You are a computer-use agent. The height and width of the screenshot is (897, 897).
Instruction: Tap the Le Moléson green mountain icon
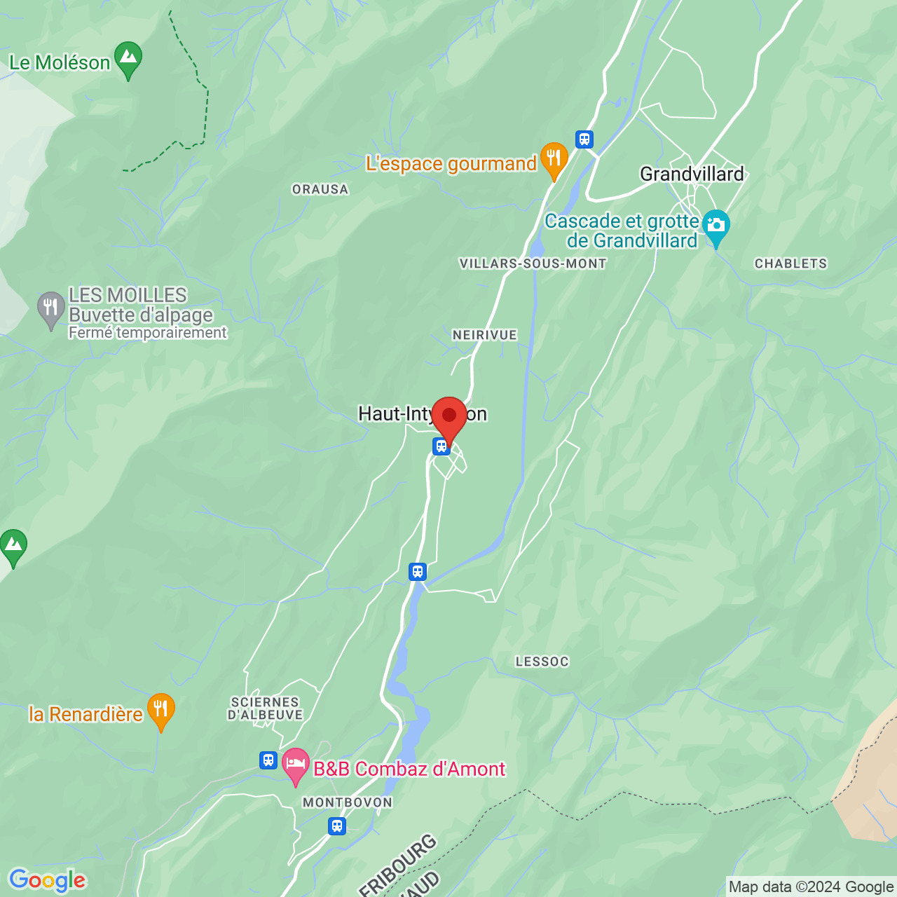(x=128, y=59)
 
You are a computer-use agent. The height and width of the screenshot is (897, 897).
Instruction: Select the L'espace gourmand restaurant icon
(x=554, y=159)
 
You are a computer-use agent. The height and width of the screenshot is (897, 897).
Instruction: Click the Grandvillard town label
(x=692, y=174)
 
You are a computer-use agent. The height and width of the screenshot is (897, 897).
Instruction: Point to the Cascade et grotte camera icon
(x=715, y=226)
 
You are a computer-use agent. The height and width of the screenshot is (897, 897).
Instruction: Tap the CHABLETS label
(x=790, y=263)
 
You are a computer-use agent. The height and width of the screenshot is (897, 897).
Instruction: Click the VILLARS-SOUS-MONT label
(x=533, y=263)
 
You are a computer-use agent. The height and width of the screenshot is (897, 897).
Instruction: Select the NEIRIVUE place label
(x=484, y=335)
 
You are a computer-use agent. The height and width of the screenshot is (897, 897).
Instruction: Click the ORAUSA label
(x=320, y=189)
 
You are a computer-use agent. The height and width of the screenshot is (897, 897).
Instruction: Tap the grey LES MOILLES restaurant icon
(x=50, y=308)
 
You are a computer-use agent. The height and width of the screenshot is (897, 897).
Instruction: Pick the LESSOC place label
(x=542, y=662)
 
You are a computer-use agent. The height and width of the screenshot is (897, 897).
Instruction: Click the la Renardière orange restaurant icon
(x=160, y=710)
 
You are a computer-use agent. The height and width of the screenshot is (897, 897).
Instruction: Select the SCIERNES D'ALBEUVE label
(x=265, y=708)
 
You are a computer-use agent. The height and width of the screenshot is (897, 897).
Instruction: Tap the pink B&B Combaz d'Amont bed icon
(x=296, y=765)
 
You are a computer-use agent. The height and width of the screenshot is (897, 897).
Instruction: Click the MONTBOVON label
(x=348, y=802)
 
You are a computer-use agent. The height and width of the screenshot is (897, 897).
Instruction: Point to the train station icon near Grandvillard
(x=584, y=139)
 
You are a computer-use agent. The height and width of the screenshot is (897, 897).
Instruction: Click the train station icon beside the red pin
(x=441, y=446)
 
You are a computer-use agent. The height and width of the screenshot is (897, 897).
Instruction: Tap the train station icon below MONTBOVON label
(x=337, y=826)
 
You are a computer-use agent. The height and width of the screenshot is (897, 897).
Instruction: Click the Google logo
(x=47, y=880)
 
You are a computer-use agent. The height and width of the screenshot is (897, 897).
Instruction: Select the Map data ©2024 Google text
(x=811, y=887)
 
